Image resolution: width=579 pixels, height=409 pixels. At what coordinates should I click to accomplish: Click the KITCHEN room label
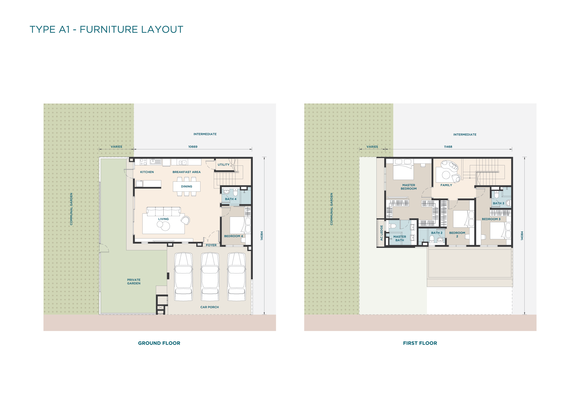(147, 172)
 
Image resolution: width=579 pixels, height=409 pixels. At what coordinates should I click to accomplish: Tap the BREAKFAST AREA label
(186, 172)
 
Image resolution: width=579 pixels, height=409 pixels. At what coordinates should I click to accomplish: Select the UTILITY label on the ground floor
(223, 165)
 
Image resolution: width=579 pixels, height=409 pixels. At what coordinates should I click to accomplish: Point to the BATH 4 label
(231, 199)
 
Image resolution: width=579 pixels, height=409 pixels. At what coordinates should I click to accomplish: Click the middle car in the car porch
(210, 277)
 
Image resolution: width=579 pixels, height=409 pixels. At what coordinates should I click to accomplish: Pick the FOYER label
(211, 245)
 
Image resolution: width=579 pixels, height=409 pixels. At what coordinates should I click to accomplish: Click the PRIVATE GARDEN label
(134, 282)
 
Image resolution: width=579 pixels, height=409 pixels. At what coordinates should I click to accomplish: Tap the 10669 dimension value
(193, 147)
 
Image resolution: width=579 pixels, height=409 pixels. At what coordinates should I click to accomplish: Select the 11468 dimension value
(448, 147)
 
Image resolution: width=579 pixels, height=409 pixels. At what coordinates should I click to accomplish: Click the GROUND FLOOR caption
(159, 343)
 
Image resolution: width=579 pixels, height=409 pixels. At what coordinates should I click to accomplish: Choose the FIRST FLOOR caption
(420, 343)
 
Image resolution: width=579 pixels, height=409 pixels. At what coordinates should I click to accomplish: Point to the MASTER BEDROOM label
(409, 187)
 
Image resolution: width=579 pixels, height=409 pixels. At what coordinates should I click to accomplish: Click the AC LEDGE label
(381, 233)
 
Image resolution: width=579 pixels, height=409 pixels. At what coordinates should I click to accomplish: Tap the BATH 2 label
(436, 233)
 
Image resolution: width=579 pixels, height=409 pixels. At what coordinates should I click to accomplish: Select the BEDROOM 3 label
(491, 219)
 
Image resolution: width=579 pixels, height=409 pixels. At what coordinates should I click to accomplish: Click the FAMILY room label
(446, 185)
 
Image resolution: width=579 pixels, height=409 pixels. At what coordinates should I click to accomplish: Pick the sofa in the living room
(163, 211)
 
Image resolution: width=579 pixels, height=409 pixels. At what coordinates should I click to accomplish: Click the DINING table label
(186, 187)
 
